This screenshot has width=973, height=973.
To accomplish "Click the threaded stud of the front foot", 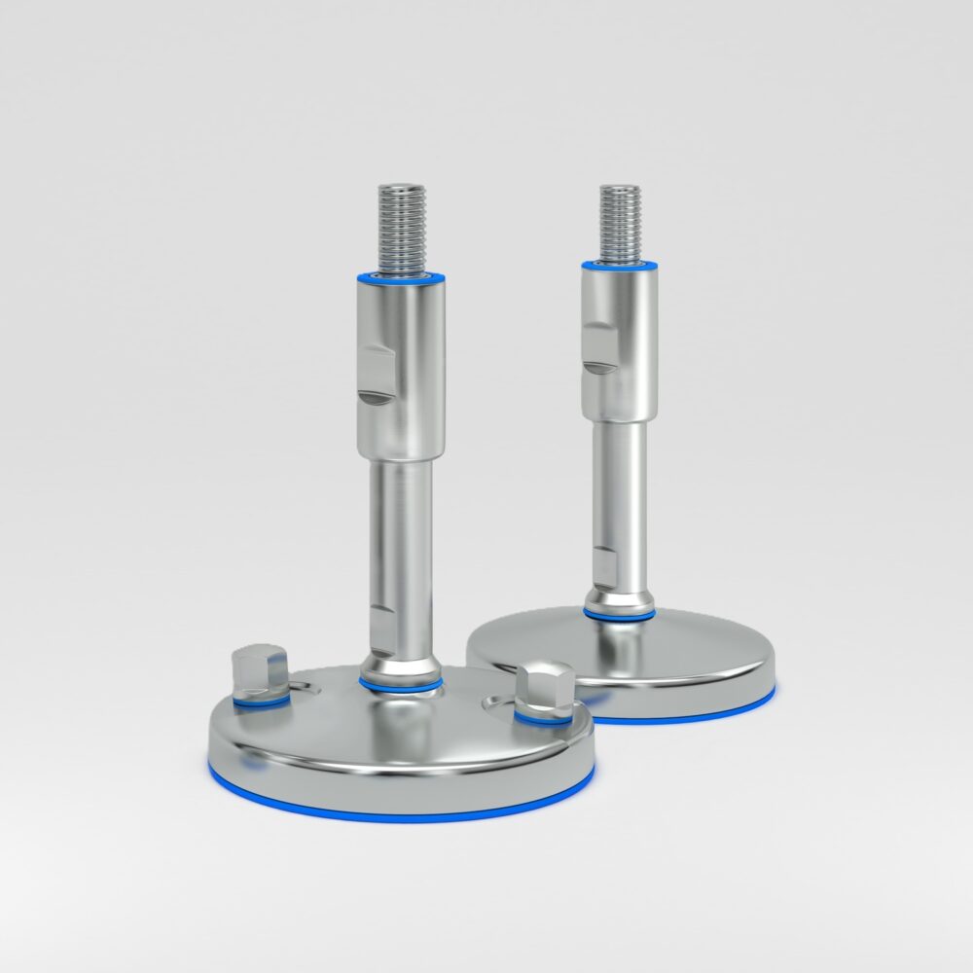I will click(x=400, y=226).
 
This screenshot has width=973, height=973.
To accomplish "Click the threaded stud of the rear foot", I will click(x=619, y=223).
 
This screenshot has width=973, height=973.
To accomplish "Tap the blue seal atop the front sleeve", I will click(x=401, y=277).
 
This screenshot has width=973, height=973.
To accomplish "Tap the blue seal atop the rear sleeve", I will click(x=620, y=265).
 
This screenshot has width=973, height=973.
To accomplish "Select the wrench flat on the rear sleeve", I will click(x=598, y=347).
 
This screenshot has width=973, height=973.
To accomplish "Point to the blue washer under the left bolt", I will click(x=261, y=700).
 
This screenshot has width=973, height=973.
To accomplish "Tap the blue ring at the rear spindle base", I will click(x=619, y=615).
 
